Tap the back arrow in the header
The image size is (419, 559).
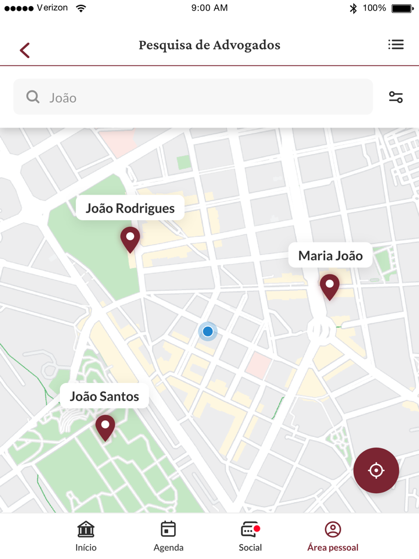25,50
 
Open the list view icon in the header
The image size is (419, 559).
396,45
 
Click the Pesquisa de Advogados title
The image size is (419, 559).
209,45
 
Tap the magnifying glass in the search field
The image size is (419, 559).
33,97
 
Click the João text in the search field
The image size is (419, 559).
63,98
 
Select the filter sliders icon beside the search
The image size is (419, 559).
396,97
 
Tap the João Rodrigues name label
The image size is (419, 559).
130,208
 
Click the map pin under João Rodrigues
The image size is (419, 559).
130,239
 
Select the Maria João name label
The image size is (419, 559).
330,256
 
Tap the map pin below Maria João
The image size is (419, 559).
329,287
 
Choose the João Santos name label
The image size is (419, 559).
104,396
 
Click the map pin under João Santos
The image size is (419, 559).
105,427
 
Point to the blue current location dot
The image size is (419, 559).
208,331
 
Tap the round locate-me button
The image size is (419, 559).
376,470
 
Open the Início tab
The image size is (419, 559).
86,536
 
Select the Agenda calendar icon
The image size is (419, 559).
168,529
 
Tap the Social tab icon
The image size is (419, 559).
250,530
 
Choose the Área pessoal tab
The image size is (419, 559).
333,536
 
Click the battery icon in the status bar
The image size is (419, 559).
402,8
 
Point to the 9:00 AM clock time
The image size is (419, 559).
209,8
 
